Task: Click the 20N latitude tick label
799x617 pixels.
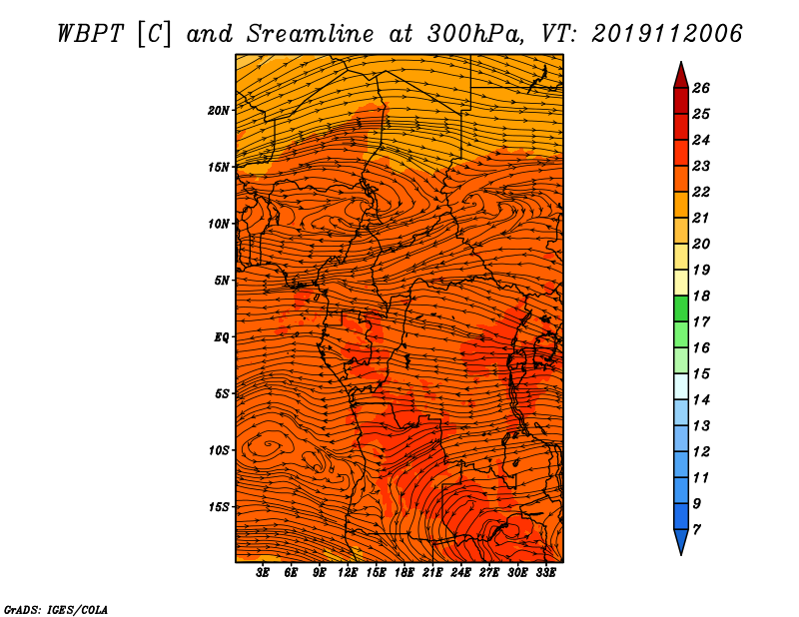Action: click(219, 111)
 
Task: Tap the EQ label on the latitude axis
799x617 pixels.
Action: click(221, 337)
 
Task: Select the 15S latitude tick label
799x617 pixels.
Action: click(219, 507)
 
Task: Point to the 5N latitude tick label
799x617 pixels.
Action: click(222, 281)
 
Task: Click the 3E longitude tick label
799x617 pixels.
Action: click(263, 573)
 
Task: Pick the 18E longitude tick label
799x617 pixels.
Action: click(404, 573)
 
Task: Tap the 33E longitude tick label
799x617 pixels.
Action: click(545, 573)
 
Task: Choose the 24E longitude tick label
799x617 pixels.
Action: click(460, 573)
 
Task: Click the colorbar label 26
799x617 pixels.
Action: click(701, 88)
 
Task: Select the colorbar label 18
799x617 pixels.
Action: click(701, 296)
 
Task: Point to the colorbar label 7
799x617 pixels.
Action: click(696, 530)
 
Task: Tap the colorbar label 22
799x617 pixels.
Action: click(701, 192)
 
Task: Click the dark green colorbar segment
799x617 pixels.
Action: click(681, 308)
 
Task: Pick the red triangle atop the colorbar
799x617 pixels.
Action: click(681, 75)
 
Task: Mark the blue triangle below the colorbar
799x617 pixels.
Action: click(681, 542)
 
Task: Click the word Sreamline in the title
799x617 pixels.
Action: click(311, 34)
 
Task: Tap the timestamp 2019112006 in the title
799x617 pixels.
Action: click(666, 34)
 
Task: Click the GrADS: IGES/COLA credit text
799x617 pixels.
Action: click(56, 610)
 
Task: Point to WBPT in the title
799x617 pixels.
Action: click(91, 34)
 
